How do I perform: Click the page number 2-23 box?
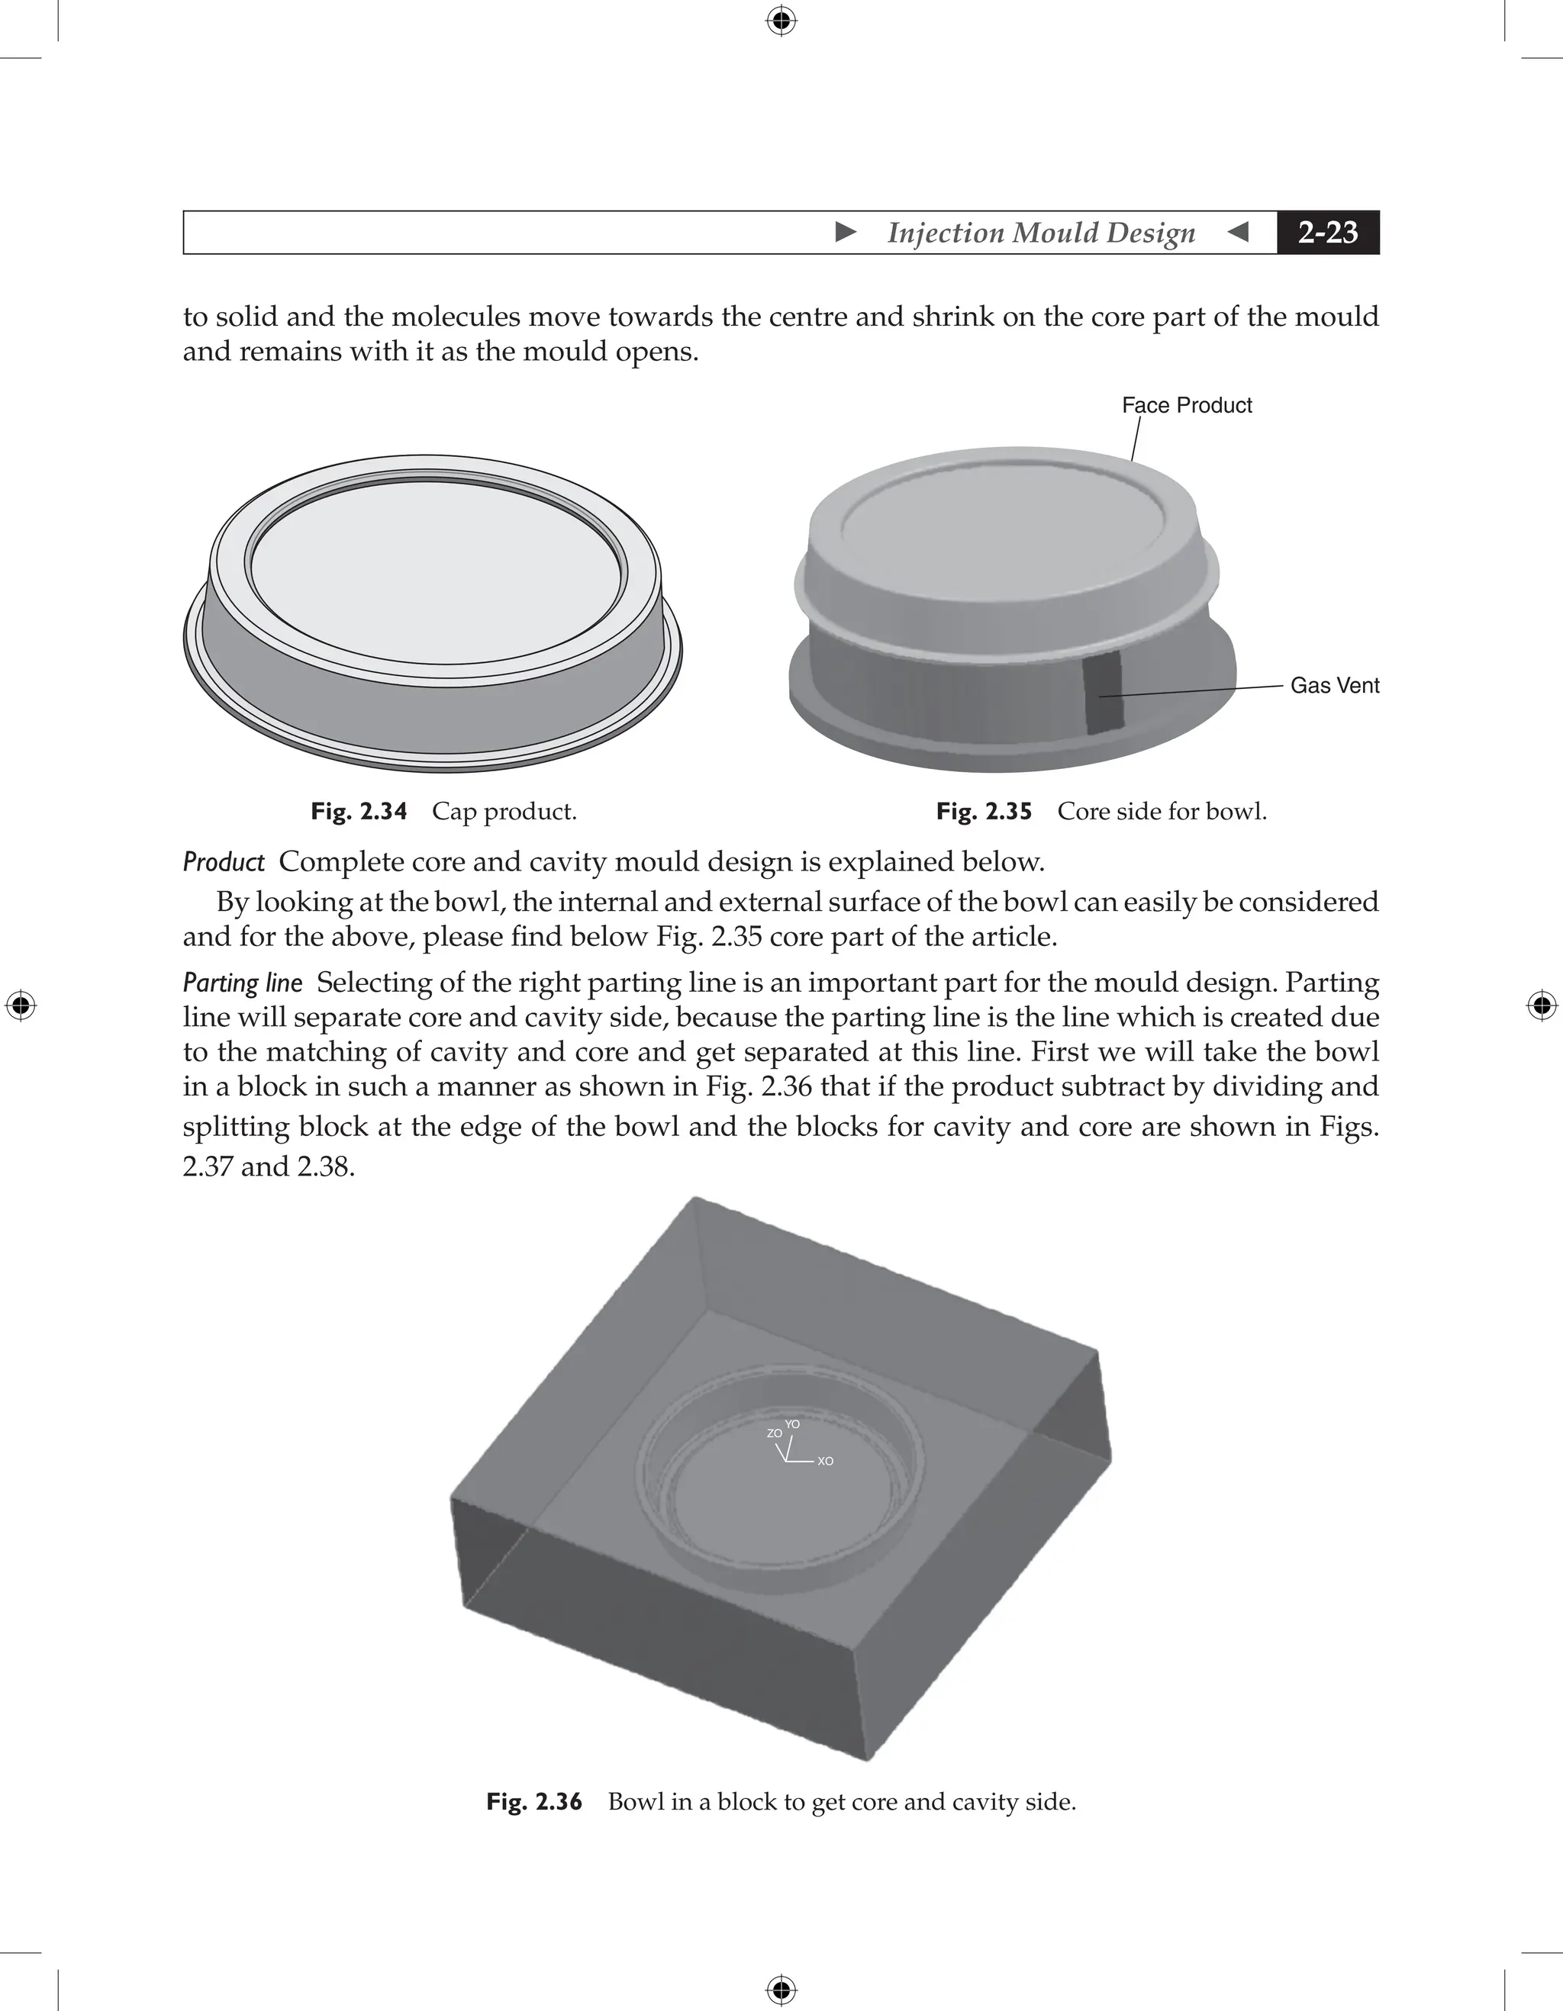(x=1327, y=232)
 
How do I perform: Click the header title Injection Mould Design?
(x=1041, y=233)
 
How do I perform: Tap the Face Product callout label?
(x=1186, y=405)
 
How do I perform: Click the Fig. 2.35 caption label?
(x=984, y=811)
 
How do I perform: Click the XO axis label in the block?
(x=825, y=1461)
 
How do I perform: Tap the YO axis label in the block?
(x=792, y=1424)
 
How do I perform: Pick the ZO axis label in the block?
(x=774, y=1433)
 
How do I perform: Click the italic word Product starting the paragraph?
(x=224, y=862)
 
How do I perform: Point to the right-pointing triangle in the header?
(x=846, y=232)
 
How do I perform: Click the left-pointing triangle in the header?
(x=1239, y=232)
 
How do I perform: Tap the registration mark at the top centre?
(x=781, y=21)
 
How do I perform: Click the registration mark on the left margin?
(x=21, y=1005)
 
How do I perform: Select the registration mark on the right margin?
(x=1542, y=1005)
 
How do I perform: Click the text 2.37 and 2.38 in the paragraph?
(x=268, y=1166)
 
